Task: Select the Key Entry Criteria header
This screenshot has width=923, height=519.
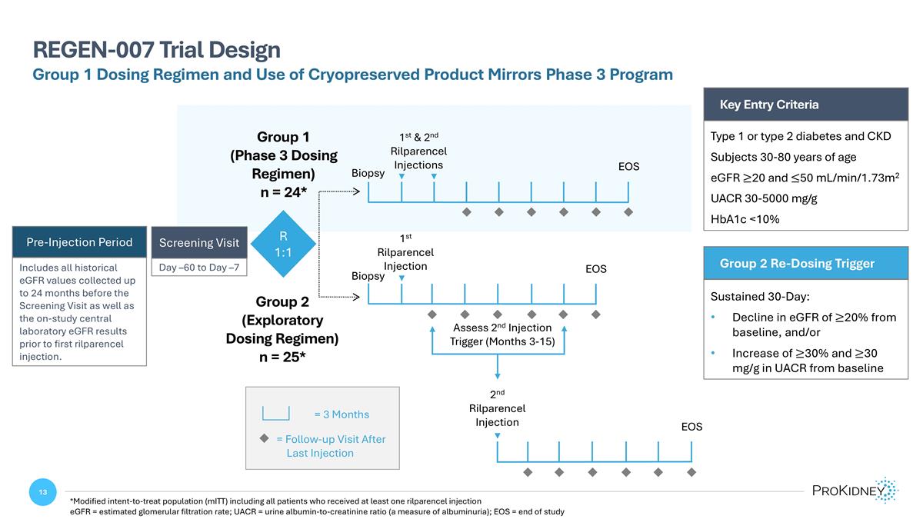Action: [769, 105]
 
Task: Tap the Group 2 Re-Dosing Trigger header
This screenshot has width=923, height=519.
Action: [797, 263]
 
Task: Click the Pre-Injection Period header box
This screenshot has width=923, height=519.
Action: [79, 242]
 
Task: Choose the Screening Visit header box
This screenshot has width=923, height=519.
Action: [199, 242]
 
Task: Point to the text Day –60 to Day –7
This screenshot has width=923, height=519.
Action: [199, 268]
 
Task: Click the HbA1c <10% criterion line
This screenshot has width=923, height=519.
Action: [745, 219]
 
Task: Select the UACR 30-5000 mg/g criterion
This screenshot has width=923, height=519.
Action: [764, 198]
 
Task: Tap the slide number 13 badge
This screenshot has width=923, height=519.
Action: [43, 492]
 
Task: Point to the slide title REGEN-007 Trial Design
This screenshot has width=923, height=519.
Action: [156, 50]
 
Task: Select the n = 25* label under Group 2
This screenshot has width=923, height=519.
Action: [282, 357]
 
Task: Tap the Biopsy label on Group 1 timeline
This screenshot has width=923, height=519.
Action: [368, 174]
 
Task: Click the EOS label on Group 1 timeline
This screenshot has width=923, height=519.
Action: [628, 167]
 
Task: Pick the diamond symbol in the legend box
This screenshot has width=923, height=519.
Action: [263, 438]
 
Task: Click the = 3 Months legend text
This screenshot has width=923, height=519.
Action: [342, 414]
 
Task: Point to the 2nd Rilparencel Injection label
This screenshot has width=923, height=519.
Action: [497, 408]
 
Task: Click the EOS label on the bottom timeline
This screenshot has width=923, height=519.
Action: [691, 427]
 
